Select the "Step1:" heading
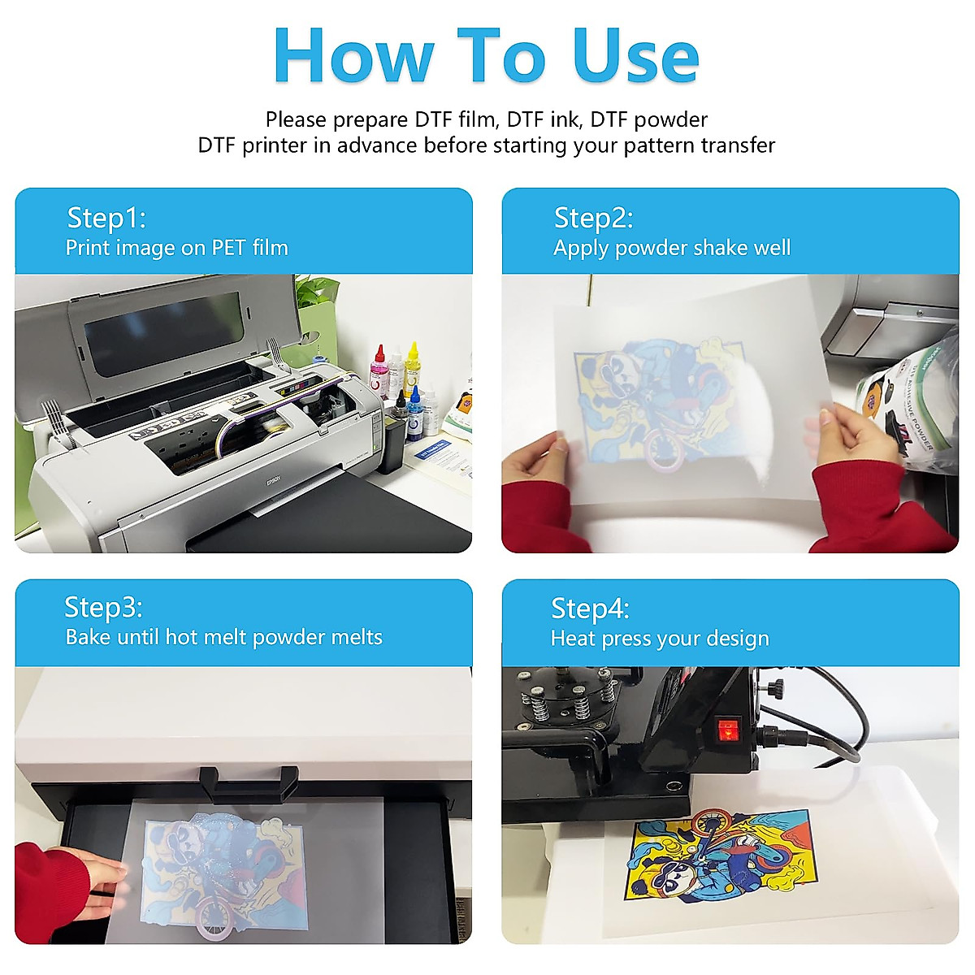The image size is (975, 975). (x=106, y=218)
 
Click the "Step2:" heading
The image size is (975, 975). (x=593, y=218)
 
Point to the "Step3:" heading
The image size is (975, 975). (x=103, y=607)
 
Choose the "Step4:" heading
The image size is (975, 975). (x=590, y=608)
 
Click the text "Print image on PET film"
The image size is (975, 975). (x=177, y=248)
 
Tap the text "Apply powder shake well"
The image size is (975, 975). (x=672, y=248)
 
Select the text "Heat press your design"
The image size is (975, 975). (x=660, y=639)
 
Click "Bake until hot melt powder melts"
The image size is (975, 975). (x=223, y=637)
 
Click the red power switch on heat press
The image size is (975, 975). (x=729, y=729)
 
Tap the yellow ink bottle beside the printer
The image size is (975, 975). (x=413, y=366)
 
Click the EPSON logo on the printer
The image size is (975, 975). (x=274, y=481)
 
